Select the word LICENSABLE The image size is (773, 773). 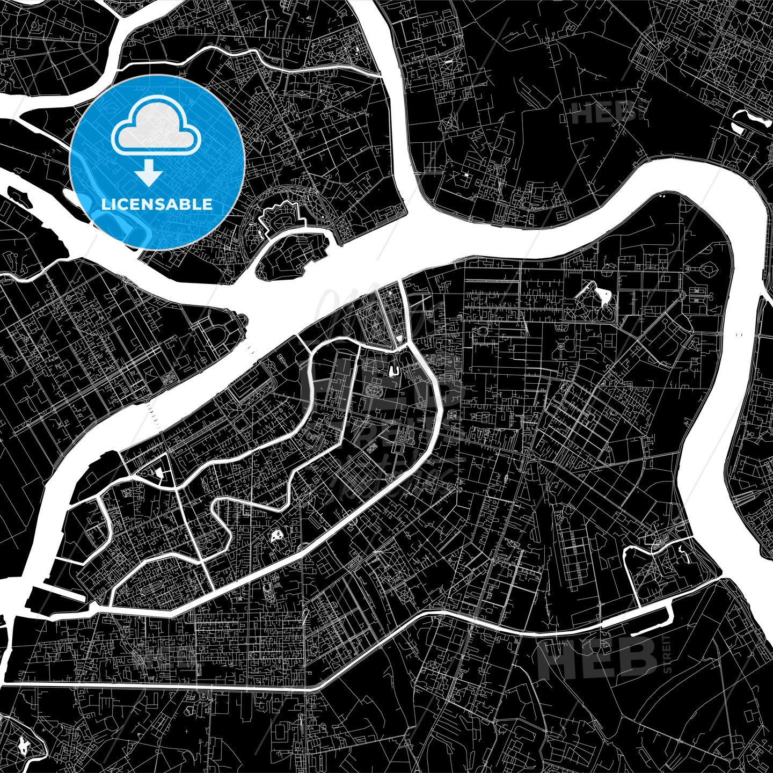(156, 205)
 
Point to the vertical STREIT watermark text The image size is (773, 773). (667, 654)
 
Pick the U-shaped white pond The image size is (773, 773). (393, 370)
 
